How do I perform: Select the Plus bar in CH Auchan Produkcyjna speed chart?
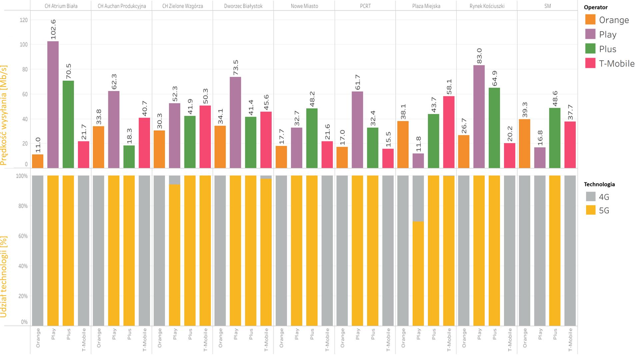pos(129,157)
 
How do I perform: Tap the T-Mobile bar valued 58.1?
pos(449,132)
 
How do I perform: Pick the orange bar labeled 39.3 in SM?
pos(525,143)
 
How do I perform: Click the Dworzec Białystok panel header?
pos(243,6)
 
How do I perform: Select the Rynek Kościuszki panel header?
pos(487,6)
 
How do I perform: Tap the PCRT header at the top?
pos(365,6)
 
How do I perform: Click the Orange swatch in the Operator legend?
pos(590,20)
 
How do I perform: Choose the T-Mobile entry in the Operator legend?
pos(616,63)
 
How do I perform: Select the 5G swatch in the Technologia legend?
pos(591,210)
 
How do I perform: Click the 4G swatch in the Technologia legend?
pos(591,197)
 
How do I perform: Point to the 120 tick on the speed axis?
pos(24,20)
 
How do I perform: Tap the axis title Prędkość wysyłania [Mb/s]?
pos(4,115)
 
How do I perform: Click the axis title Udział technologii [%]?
pos(4,277)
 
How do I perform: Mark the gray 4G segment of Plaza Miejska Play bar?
pos(418,198)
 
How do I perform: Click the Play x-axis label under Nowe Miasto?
pos(297,334)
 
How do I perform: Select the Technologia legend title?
pos(599,184)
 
